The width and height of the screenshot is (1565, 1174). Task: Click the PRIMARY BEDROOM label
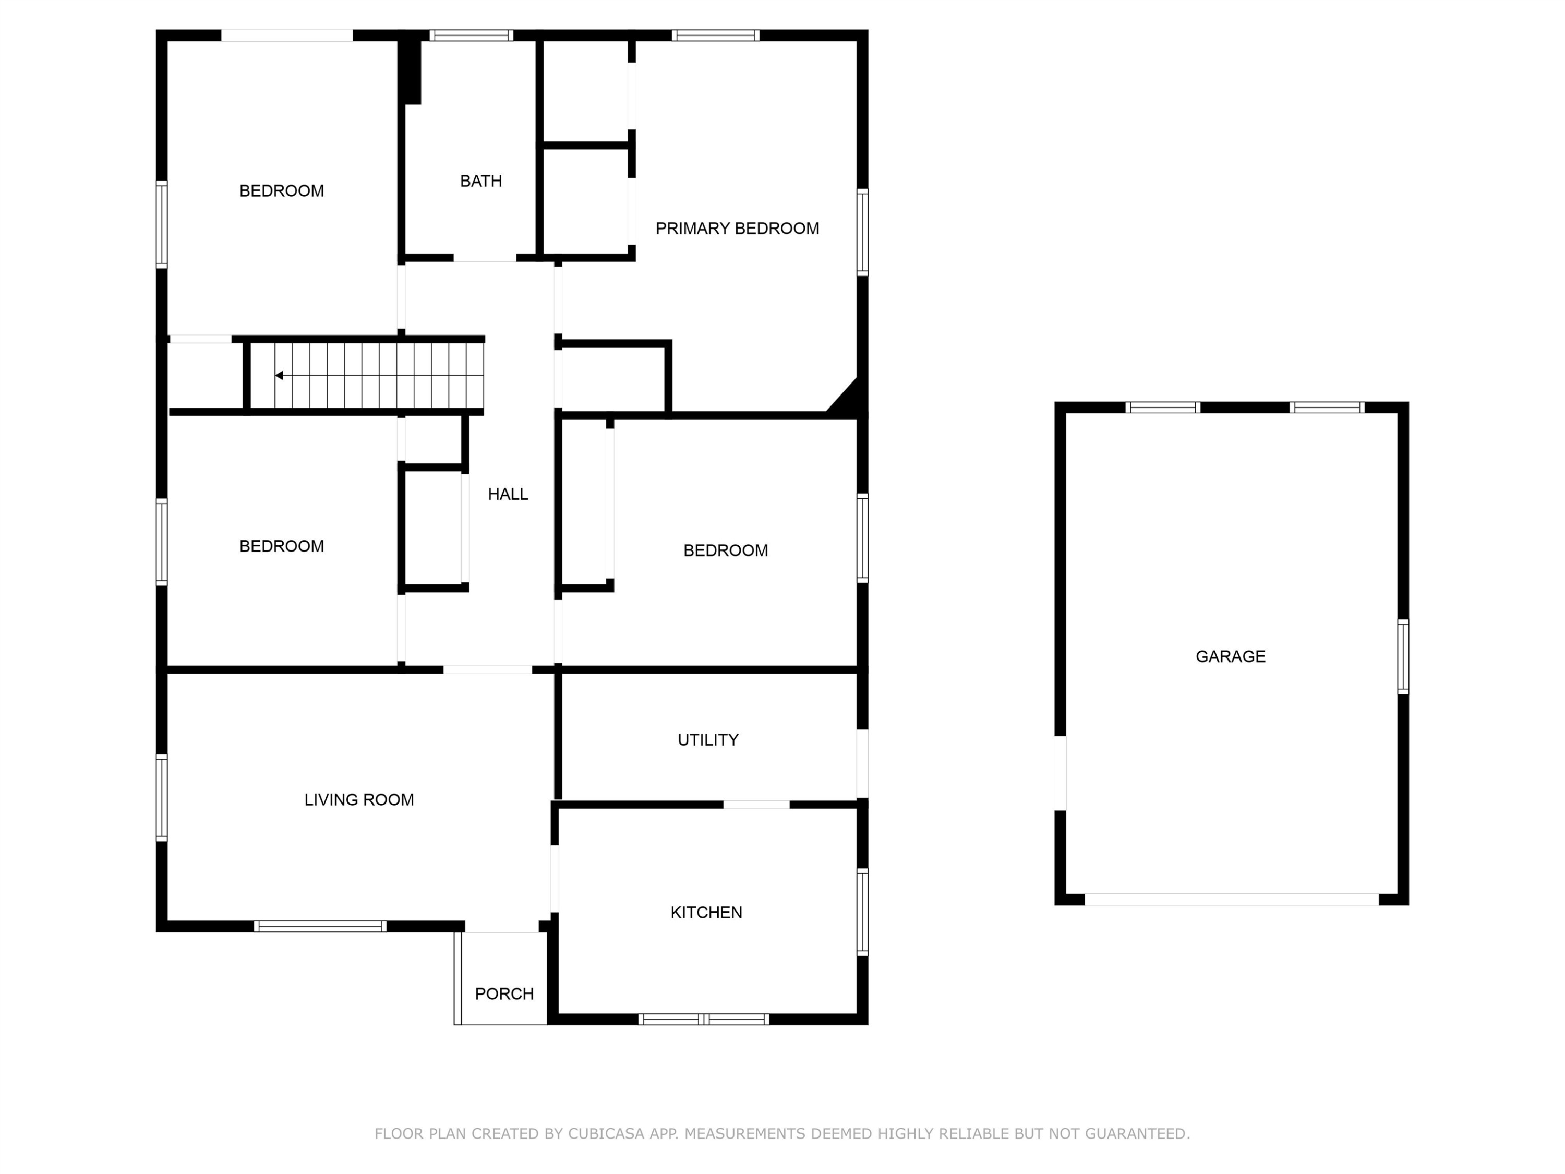pyautogui.click(x=737, y=229)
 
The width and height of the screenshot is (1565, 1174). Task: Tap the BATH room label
pyautogui.click(x=481, y=181)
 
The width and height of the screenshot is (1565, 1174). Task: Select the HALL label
pyautogui.click(x=508, y=494)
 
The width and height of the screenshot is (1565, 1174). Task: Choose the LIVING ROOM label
pyautogui.click(x=359, y=800)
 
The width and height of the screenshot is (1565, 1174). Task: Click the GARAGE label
pyautogui.click(x=1230, y=657)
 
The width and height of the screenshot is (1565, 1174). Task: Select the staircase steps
pyautogui.click(x=368, y=376)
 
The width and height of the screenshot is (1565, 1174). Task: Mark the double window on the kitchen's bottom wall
pyautogui.click(x=703, y=1019)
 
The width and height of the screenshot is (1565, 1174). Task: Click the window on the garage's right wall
pyautogui.click(x=1403, y=657)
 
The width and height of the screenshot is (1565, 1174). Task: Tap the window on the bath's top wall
pyautogui.click(x=471, y=35)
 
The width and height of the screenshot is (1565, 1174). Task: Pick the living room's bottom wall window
pyautogui.click(x=320, y=926)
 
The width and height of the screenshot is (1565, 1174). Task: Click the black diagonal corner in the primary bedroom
pyautogui.click(x=846, y=397)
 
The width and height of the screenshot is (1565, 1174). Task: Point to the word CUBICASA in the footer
pyautogui.click(x=606, y=1134)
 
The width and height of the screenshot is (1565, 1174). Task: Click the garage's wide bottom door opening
pyautogui.click(x=1232, y=900)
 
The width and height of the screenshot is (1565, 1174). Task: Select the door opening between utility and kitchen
pyautogui.click(x=756, y=805)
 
